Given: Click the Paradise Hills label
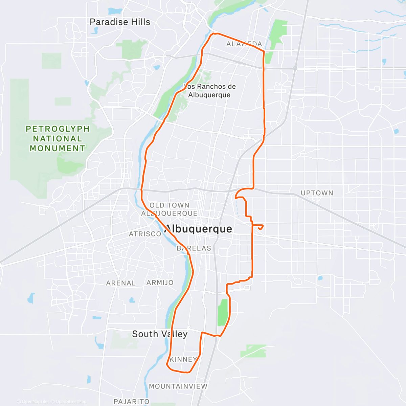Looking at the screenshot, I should click(x=120, y=22).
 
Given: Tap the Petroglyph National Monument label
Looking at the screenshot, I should click(x=58, y=139).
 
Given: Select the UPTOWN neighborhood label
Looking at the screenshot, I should click(x=317, y=193).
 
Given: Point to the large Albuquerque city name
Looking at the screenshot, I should click(x=198, y=229).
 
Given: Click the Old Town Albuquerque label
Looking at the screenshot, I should click(x=169, y=209).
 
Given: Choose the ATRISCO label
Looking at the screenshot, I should click(x=145, y=234).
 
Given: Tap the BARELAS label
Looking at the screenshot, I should click(x=194, y=248).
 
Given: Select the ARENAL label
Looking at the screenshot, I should click(x=121, y=283).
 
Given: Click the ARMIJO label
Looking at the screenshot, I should click(x=160, y=283).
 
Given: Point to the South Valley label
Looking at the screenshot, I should click(x=160, y=334).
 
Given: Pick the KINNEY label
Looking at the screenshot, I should click(x=183, y=359).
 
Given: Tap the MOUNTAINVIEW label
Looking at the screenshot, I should click(x=178, y=386).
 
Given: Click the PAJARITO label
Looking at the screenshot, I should click(x=131, y=402).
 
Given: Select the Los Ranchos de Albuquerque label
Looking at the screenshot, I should click(x=209, y=91).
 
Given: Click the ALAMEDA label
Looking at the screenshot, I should click(x=244, y=44).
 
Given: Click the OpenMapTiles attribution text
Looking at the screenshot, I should click(x=35, y=402).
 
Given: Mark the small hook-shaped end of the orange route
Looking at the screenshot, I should click(x=260, y=227).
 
